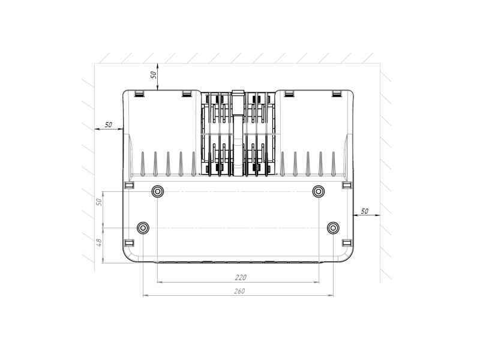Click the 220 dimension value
point(241,277)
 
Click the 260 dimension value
point(239,291)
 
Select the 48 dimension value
point(99,243)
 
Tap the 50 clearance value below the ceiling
point(154,74)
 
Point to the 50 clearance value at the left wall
point(109,125)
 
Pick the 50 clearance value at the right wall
point(364,211)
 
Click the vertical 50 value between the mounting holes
point(99,202)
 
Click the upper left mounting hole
point(158,192)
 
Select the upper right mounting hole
point(319,192)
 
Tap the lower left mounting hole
point(143,228)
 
